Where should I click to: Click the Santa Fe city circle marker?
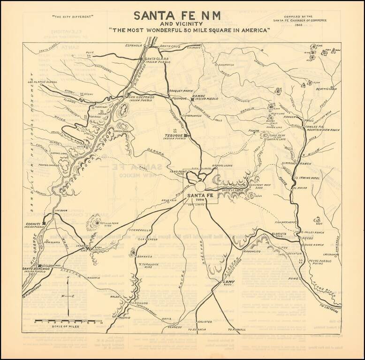(200, 187)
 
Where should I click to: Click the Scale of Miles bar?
(68, 322)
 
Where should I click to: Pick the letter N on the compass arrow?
(68, 279)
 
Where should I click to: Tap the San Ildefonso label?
(142, 97)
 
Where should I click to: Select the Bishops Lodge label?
(222, 165)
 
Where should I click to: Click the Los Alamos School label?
(43, 82)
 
